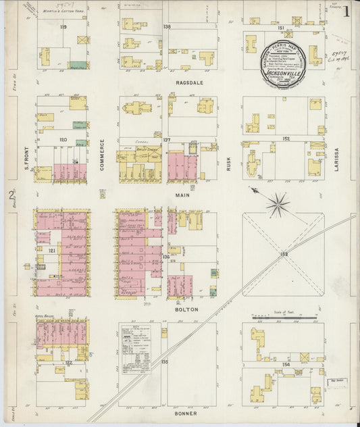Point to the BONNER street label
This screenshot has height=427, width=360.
click(x=186, y=413)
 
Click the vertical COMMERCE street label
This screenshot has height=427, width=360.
click(x=103, y=151)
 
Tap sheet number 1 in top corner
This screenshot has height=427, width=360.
click(x=346, y=11)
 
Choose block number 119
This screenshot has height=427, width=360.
click(x=63, y=27)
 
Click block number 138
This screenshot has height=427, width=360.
click(x=167, y=27)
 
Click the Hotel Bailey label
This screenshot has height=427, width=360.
click(x=45, y=316)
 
